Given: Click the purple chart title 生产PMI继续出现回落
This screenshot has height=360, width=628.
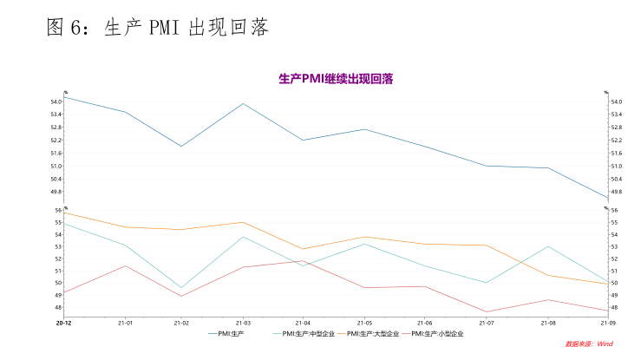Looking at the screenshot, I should pos(336,79).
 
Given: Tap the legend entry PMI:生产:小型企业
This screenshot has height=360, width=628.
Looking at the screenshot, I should pos(437,333).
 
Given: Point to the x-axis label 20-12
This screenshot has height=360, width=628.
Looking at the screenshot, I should pos(64,323).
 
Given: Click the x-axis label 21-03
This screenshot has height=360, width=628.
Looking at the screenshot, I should pos(243,323).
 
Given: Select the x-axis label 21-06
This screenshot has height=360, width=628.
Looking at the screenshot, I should pos(425,323).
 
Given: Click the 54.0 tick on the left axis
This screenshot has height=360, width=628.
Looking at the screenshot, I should pos(56,101).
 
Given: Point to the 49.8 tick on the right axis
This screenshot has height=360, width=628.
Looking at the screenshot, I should pos(617,192).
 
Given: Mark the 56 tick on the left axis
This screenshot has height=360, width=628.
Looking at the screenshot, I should pos(58,210).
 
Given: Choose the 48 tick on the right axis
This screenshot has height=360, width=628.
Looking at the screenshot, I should pos(615,307).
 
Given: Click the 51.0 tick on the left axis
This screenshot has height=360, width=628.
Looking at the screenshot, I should pos(56,166).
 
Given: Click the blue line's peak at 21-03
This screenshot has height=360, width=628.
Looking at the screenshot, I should pos(243,103).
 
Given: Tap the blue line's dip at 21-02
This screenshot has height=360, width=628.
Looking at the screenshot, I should pos(181,146).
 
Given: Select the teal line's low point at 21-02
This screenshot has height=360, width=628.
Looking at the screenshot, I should pos(181,288).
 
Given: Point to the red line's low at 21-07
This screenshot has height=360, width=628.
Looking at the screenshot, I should pos(487,311).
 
